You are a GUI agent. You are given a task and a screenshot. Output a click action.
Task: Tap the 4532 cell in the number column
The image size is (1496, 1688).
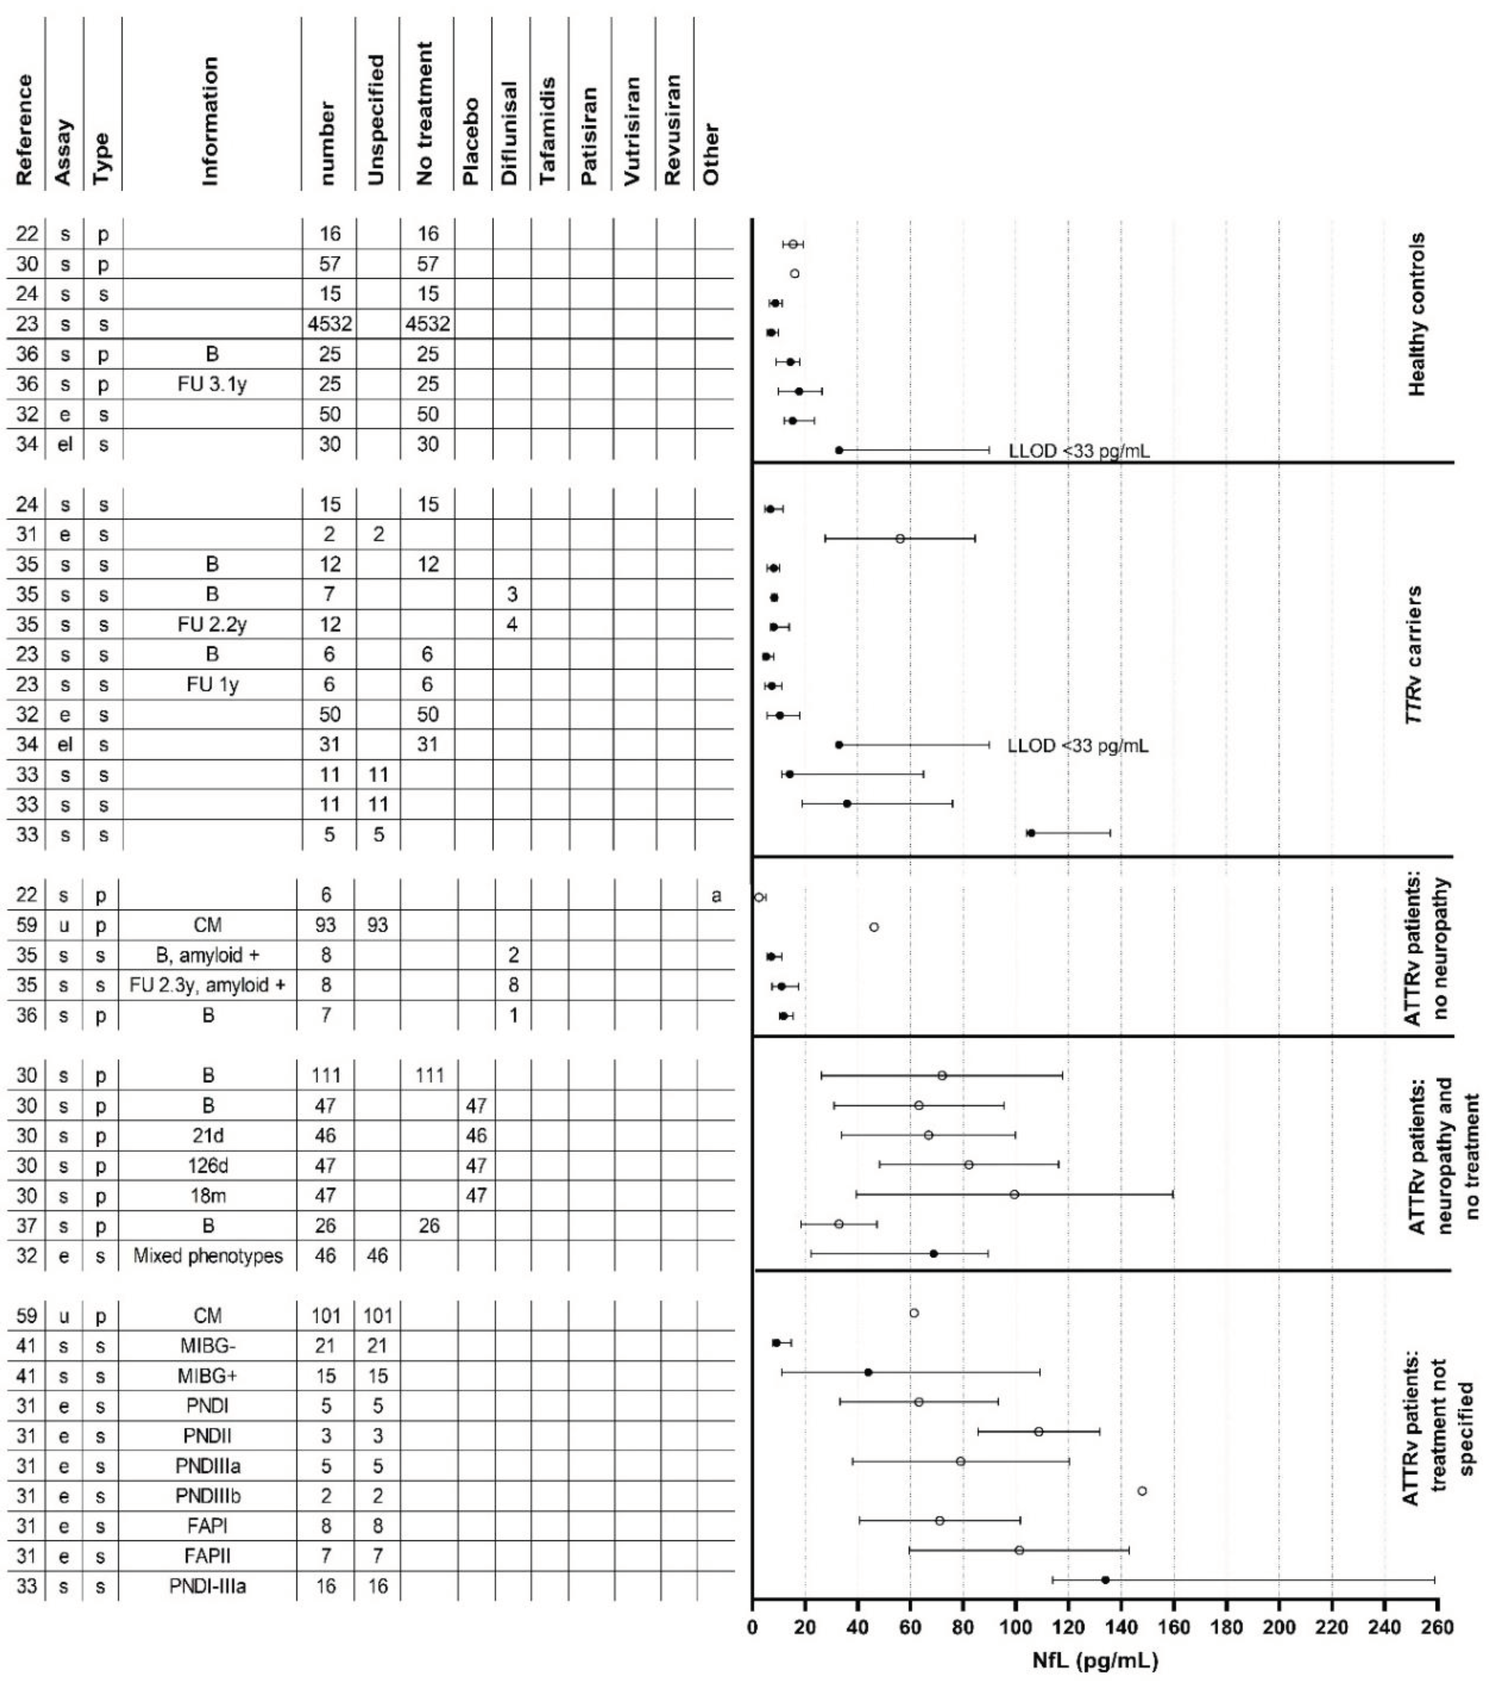coord(329,324)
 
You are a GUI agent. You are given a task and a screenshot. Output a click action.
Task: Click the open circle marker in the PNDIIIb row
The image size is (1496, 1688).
coord(1142,1491)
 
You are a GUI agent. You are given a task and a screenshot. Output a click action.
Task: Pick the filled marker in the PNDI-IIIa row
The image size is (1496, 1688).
coord(1105,1580)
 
